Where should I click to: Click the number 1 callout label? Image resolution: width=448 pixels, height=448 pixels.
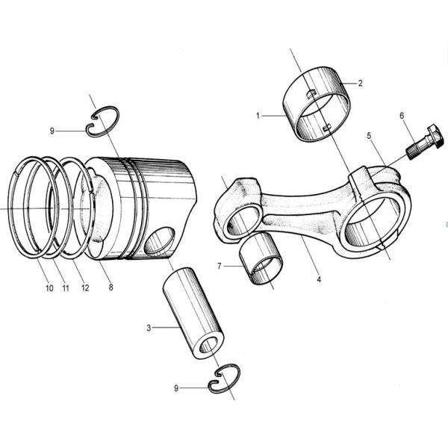258,116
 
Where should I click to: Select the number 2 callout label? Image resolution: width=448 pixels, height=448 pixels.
360,83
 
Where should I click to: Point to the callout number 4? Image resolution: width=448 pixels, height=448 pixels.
319,280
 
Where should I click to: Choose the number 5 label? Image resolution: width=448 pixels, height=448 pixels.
368,136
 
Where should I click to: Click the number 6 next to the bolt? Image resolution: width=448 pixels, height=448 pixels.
402,116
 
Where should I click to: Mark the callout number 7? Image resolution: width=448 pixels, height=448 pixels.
220,265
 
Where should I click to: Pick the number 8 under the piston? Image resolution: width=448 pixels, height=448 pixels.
111,287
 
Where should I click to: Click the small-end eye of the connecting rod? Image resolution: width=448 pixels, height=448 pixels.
243,220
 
